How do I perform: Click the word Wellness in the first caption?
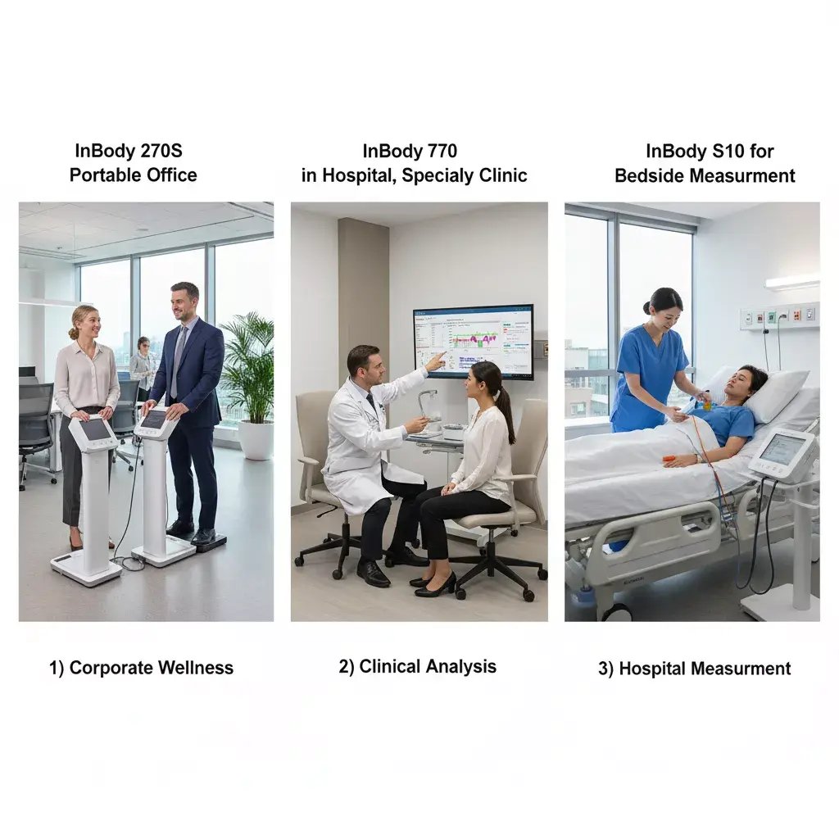pyautogui.click(x=196, y=668)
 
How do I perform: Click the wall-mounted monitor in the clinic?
pyautogui.click(x=474, y=342)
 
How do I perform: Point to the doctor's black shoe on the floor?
pyautogui.click(x=373, y=574)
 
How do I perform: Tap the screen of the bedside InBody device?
pyautogui.click(x=782, y=448)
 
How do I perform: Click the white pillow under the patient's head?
pyautogui.click(x=773, y=392)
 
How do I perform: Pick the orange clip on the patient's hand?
pyautogui.click(x=672, y=459)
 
